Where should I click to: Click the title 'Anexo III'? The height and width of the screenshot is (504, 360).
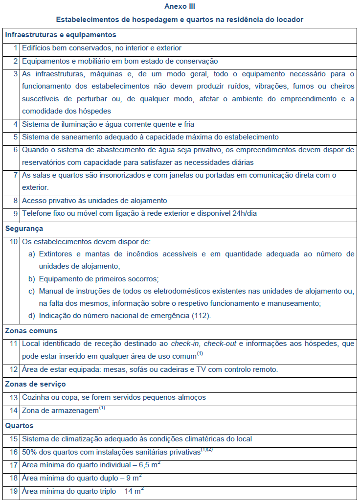pos(180,7)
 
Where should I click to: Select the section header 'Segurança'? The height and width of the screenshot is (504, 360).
pos(24,228)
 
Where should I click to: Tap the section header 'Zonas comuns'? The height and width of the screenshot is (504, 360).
pos(31,331)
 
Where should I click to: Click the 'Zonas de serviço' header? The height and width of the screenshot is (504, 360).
pos(35,384)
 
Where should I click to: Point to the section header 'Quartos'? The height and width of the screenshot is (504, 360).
pos(19,426)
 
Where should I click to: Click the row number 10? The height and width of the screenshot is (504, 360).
pos(14,242)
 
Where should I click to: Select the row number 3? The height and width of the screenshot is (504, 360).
pos(16,74)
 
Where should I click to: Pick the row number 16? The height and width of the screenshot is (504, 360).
pos(14,452)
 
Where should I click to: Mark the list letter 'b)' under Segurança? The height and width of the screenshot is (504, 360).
pos(31,279)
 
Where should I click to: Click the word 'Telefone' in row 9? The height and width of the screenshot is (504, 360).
pos(37,213)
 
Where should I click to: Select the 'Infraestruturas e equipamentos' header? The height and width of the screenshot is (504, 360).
pos(61,35)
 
